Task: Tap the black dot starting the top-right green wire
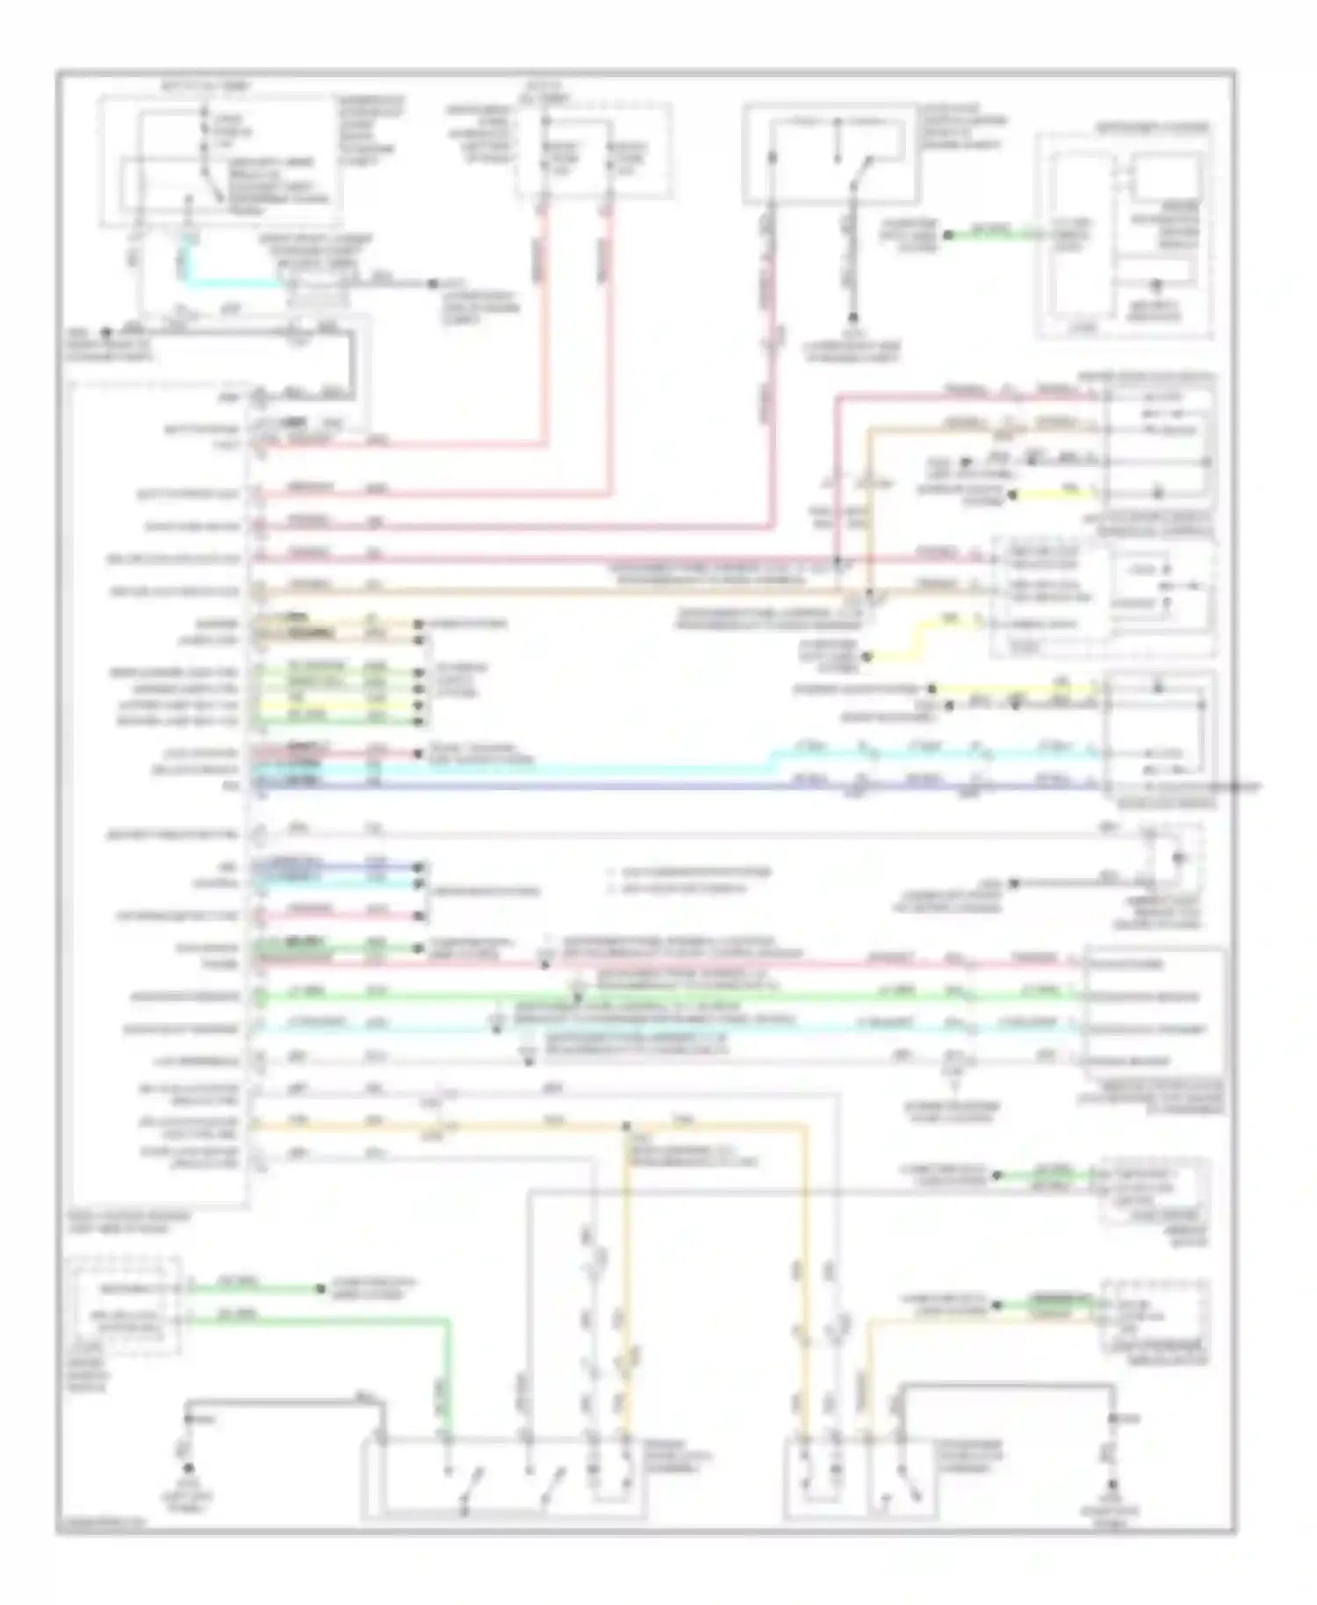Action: (947, 235)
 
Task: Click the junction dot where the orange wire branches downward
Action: (626, 1126)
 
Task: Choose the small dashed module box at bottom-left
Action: (128, 1305)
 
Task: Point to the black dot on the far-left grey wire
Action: (105, 333)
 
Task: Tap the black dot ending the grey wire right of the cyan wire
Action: (432, 284)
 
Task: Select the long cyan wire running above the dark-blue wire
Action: (615, 769)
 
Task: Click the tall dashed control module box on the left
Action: (158, 790)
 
